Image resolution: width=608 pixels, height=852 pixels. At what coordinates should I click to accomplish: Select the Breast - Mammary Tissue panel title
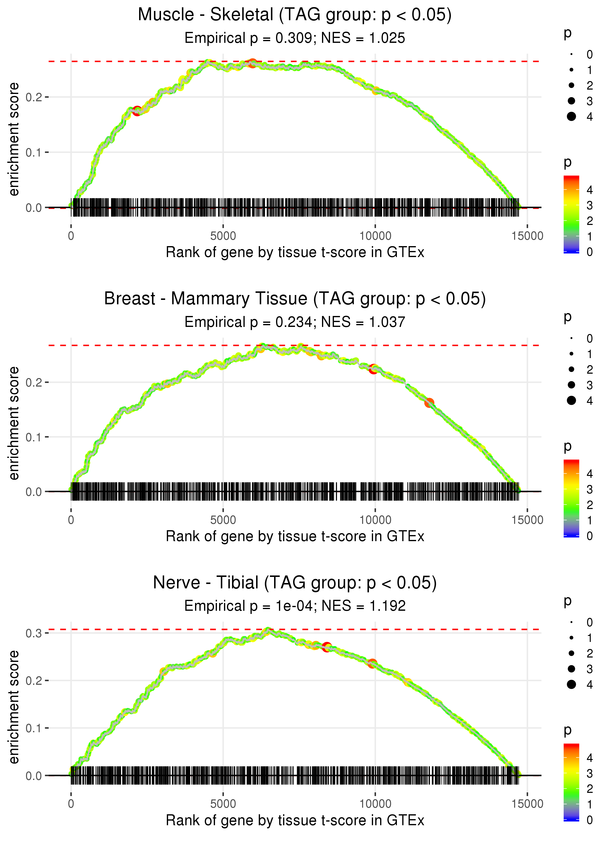pyautogui.click(x=295, y=299)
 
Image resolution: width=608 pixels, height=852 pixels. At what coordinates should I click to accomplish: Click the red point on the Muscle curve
pyautogui.click(x=137, y=111)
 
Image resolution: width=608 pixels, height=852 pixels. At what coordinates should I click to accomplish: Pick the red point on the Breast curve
pyautogui.click(x=373, y=369)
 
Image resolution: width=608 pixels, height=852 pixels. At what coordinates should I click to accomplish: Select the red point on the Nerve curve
pyautogui.click(x=327, y=647)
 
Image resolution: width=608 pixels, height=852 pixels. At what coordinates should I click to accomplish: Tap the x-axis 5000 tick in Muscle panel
pyautogui.click(x=223, y=236)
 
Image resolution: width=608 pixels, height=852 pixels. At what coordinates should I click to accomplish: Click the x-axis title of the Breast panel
pyautogui.click(x=295, y=537)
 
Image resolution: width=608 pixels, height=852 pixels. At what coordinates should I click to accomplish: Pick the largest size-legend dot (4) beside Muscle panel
pyautogui.click(x=571, y=117)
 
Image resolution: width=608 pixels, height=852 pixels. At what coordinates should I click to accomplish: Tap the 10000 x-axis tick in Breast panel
pyautogui.click(x=375, y=520)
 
